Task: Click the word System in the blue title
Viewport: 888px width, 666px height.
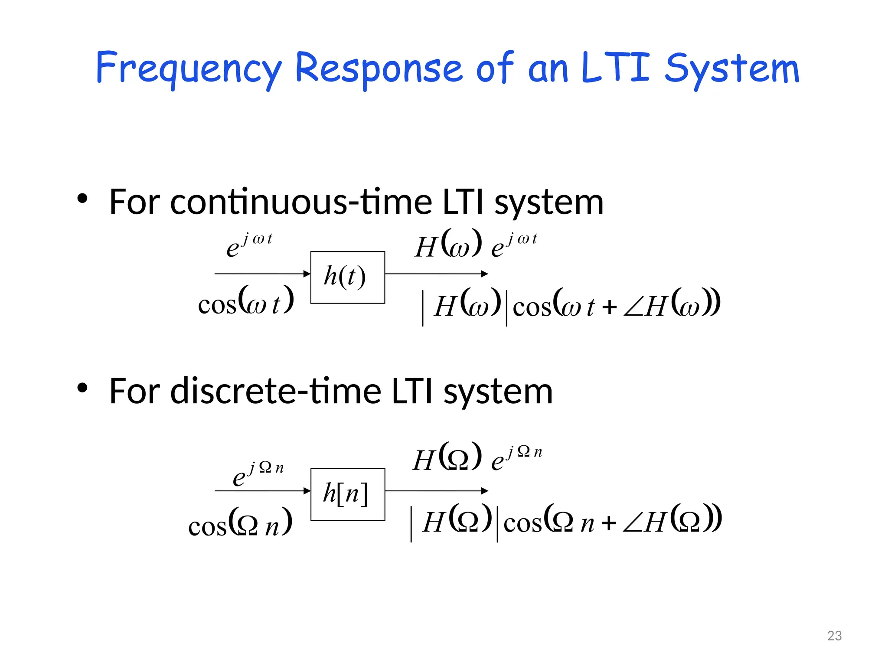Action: [732, 69]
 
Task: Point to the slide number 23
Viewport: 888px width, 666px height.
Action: [834, 636]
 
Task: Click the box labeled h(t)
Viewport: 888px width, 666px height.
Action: [347, 277]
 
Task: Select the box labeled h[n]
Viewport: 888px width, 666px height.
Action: [347, 494]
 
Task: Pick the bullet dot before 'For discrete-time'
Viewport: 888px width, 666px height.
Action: [82, 388]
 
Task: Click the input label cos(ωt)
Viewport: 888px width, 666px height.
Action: [246, 301]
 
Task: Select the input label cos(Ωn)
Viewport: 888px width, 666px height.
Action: [240, 523]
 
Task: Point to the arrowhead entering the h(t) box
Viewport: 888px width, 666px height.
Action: [307, 274]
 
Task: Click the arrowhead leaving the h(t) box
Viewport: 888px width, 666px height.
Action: [485, 274]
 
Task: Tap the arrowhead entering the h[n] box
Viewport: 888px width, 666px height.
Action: [307, 491]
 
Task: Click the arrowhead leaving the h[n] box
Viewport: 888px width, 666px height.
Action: [485, 491]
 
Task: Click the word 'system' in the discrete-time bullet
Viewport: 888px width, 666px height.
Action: [498, 392]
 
